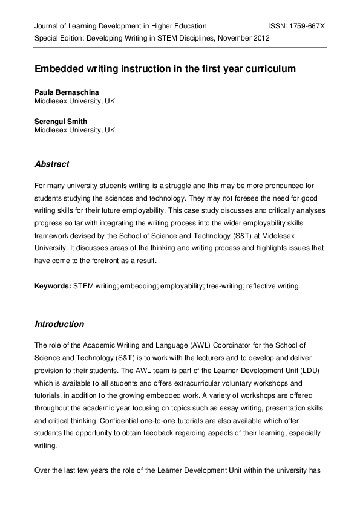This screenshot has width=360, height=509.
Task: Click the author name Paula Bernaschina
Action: pyautogui.click(x=67, y=92)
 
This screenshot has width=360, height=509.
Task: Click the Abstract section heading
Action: pyautogui.click(x=52, y=164)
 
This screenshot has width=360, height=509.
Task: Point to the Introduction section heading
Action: pyautogui.click(x=59, y=325)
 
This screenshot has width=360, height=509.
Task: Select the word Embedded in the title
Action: pyautogui.click(x=58, y=69)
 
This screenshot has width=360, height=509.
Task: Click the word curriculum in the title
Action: pyautogui.click(x=269, y=69)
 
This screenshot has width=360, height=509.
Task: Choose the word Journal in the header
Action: pyautogui.click(x=47, y=27)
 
